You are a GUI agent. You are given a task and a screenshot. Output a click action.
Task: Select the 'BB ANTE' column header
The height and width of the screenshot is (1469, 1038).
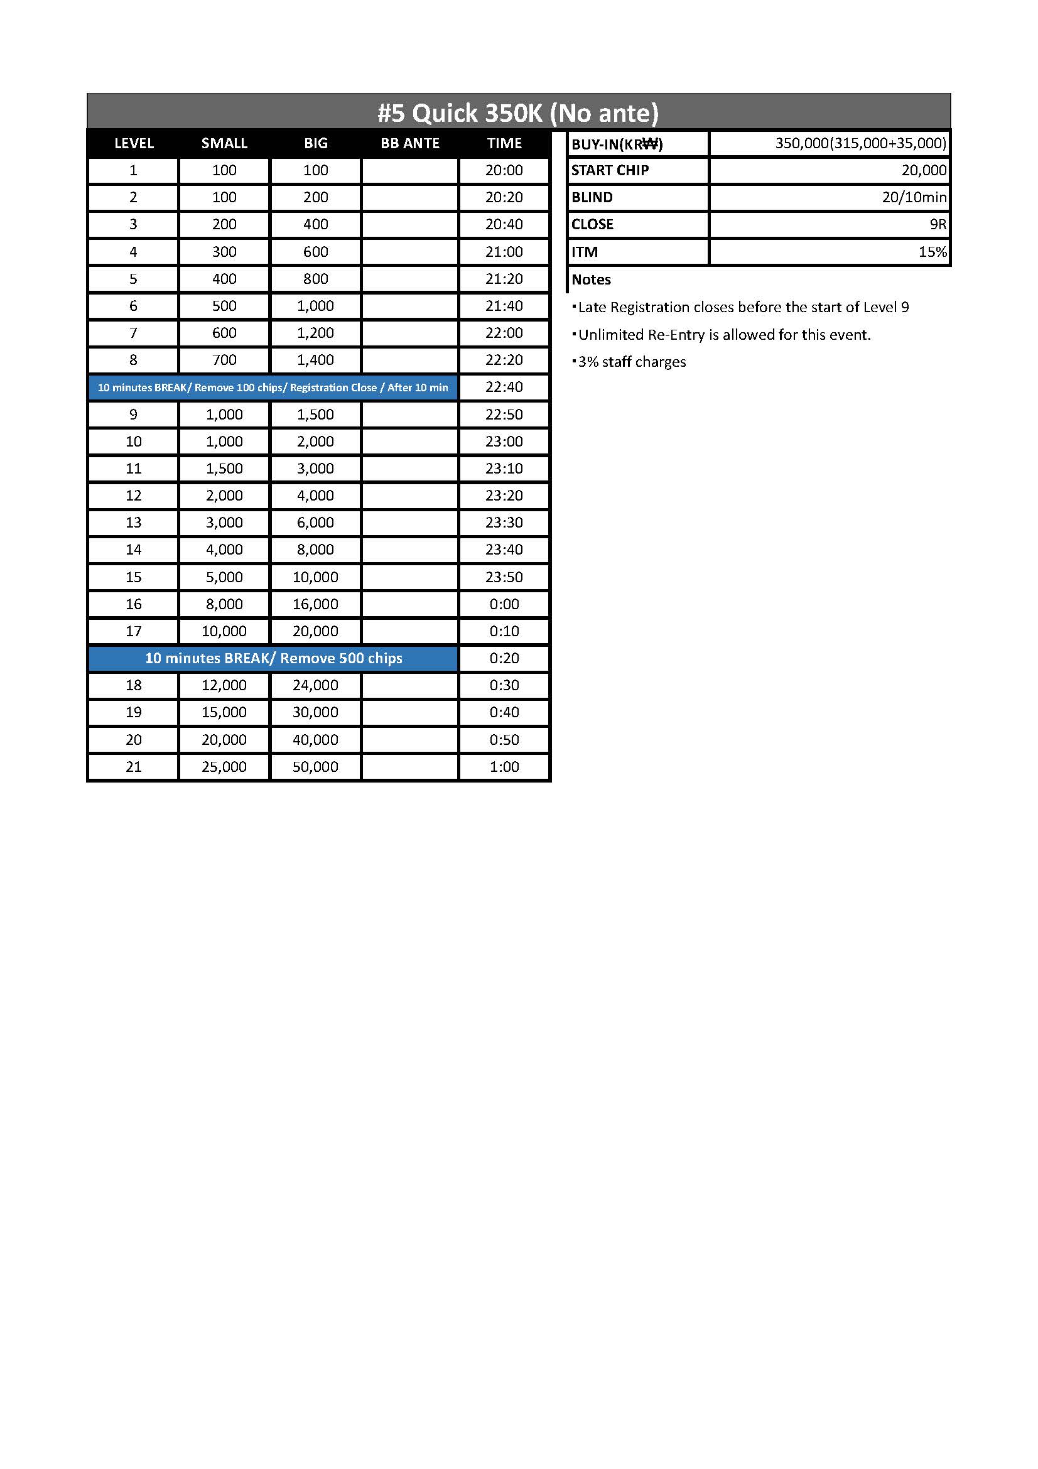click(410, 143)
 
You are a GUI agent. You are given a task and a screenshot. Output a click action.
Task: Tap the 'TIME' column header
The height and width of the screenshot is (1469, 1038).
click(504, 143)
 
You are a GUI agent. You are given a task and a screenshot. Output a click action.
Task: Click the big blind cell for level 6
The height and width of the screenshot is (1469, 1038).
click(315, 306)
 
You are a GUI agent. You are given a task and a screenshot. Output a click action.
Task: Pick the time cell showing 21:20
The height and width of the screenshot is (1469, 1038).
click(504, 279)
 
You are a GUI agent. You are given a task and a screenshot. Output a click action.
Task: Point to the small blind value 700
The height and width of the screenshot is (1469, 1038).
click(224, 360)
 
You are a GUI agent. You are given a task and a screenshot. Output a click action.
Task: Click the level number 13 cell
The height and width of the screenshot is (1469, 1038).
click(133, 522)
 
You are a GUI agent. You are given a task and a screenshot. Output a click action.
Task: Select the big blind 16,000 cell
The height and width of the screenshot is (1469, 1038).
click(315, 604)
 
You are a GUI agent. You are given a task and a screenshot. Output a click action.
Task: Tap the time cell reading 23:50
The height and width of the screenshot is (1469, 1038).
click(504, 577)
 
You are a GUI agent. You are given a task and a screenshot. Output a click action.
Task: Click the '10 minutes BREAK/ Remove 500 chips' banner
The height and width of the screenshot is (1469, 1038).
click(274, 658)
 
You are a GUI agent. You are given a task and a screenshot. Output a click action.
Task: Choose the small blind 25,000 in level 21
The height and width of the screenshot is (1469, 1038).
click(224, 766)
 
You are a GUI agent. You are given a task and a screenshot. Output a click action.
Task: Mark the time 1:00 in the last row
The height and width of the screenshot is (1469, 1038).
click(504, 766)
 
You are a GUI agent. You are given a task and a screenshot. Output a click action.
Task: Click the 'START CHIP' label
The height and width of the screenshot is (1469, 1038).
click(610, 170)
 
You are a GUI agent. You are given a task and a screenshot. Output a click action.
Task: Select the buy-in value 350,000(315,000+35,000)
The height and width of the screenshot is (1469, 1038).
click(860, 143)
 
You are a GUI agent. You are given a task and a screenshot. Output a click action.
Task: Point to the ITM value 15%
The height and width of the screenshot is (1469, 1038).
click(932, 252)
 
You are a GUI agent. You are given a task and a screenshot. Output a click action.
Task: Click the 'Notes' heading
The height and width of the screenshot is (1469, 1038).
click(591, 279)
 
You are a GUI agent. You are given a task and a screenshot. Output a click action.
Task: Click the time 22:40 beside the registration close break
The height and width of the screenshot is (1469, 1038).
click(504, 387)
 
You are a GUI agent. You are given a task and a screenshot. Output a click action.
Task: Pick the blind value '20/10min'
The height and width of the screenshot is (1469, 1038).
click(914, 197)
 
